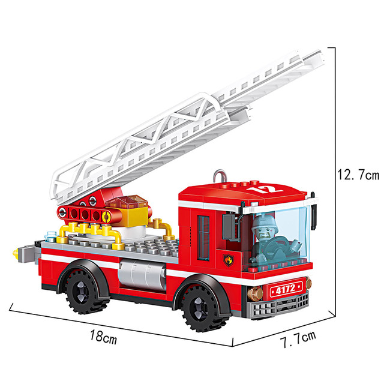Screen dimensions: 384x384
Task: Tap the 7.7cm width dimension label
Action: pyautogui.click(x=298, y=339)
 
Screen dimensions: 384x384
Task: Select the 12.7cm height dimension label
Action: pyautogui.click(x=358, y=175)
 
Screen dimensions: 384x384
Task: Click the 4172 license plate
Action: pyautogui.click(x=286, y=289)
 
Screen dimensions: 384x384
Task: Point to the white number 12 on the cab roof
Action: pyautogui.click(x=265, y=189)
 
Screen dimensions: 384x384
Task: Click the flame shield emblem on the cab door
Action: pyautogui.click(x=229, y=260)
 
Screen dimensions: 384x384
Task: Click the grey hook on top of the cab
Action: pyautogui.click(x=219, y=176)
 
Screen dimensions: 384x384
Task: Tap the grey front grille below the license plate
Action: pyautogui.click(x=278, y=305)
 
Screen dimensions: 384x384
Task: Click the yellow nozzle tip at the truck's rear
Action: pyautogui.click(x=16, y=254)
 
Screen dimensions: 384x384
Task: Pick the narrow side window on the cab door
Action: pyautogui.click(x=203, y=238)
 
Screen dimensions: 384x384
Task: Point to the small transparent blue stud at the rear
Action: pyautogui.click(x=50, y=236)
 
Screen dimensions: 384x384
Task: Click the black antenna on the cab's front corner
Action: pyautogui.click(x=313, y=212)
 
